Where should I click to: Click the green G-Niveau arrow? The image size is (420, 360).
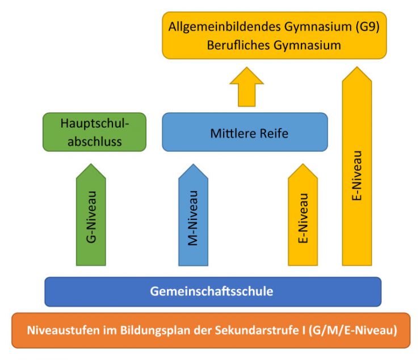pos(91,215)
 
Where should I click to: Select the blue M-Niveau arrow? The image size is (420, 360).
pos(193,215)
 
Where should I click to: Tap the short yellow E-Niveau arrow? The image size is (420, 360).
pos(303,215)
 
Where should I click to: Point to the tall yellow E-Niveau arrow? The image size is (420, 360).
pos(357,166)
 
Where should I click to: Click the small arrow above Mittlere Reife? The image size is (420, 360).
pos(247,87)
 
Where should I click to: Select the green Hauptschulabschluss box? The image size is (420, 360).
pos(95,132)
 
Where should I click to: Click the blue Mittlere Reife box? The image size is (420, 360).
pos(245,132)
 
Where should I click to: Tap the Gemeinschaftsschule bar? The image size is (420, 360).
pos(213,292)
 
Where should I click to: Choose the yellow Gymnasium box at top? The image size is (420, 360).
pos(275,35)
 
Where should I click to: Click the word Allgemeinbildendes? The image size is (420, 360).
pos(225,27)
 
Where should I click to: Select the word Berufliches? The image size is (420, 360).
pos(238,45)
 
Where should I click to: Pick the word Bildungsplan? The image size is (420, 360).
pos(155,331)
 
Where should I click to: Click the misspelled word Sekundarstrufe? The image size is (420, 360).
pos(257,331)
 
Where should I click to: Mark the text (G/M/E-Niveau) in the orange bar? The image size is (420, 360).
pos(353,331)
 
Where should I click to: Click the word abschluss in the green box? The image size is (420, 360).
pos(95,142)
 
